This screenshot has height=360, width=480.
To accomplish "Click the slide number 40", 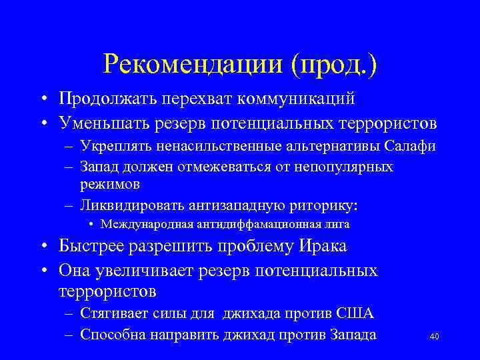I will point(434,337).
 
